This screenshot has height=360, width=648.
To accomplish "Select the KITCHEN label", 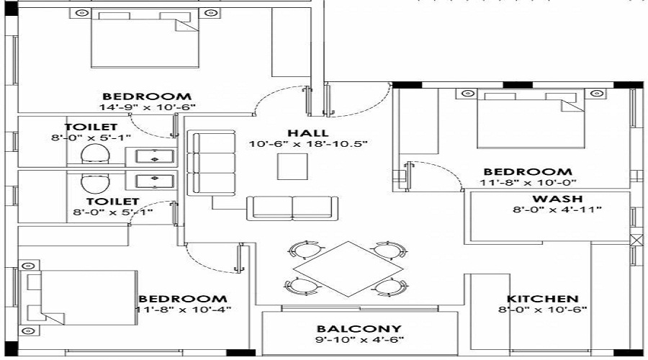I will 542,299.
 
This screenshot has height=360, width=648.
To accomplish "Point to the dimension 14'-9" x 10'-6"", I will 147,107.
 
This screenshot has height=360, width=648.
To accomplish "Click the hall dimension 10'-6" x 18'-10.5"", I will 308,144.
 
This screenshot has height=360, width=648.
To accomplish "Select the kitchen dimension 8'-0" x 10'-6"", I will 543,310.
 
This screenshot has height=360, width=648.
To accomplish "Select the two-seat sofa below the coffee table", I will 292,207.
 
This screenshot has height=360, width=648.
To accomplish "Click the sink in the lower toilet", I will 150,180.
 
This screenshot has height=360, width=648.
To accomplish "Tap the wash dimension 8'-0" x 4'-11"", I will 557,210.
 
